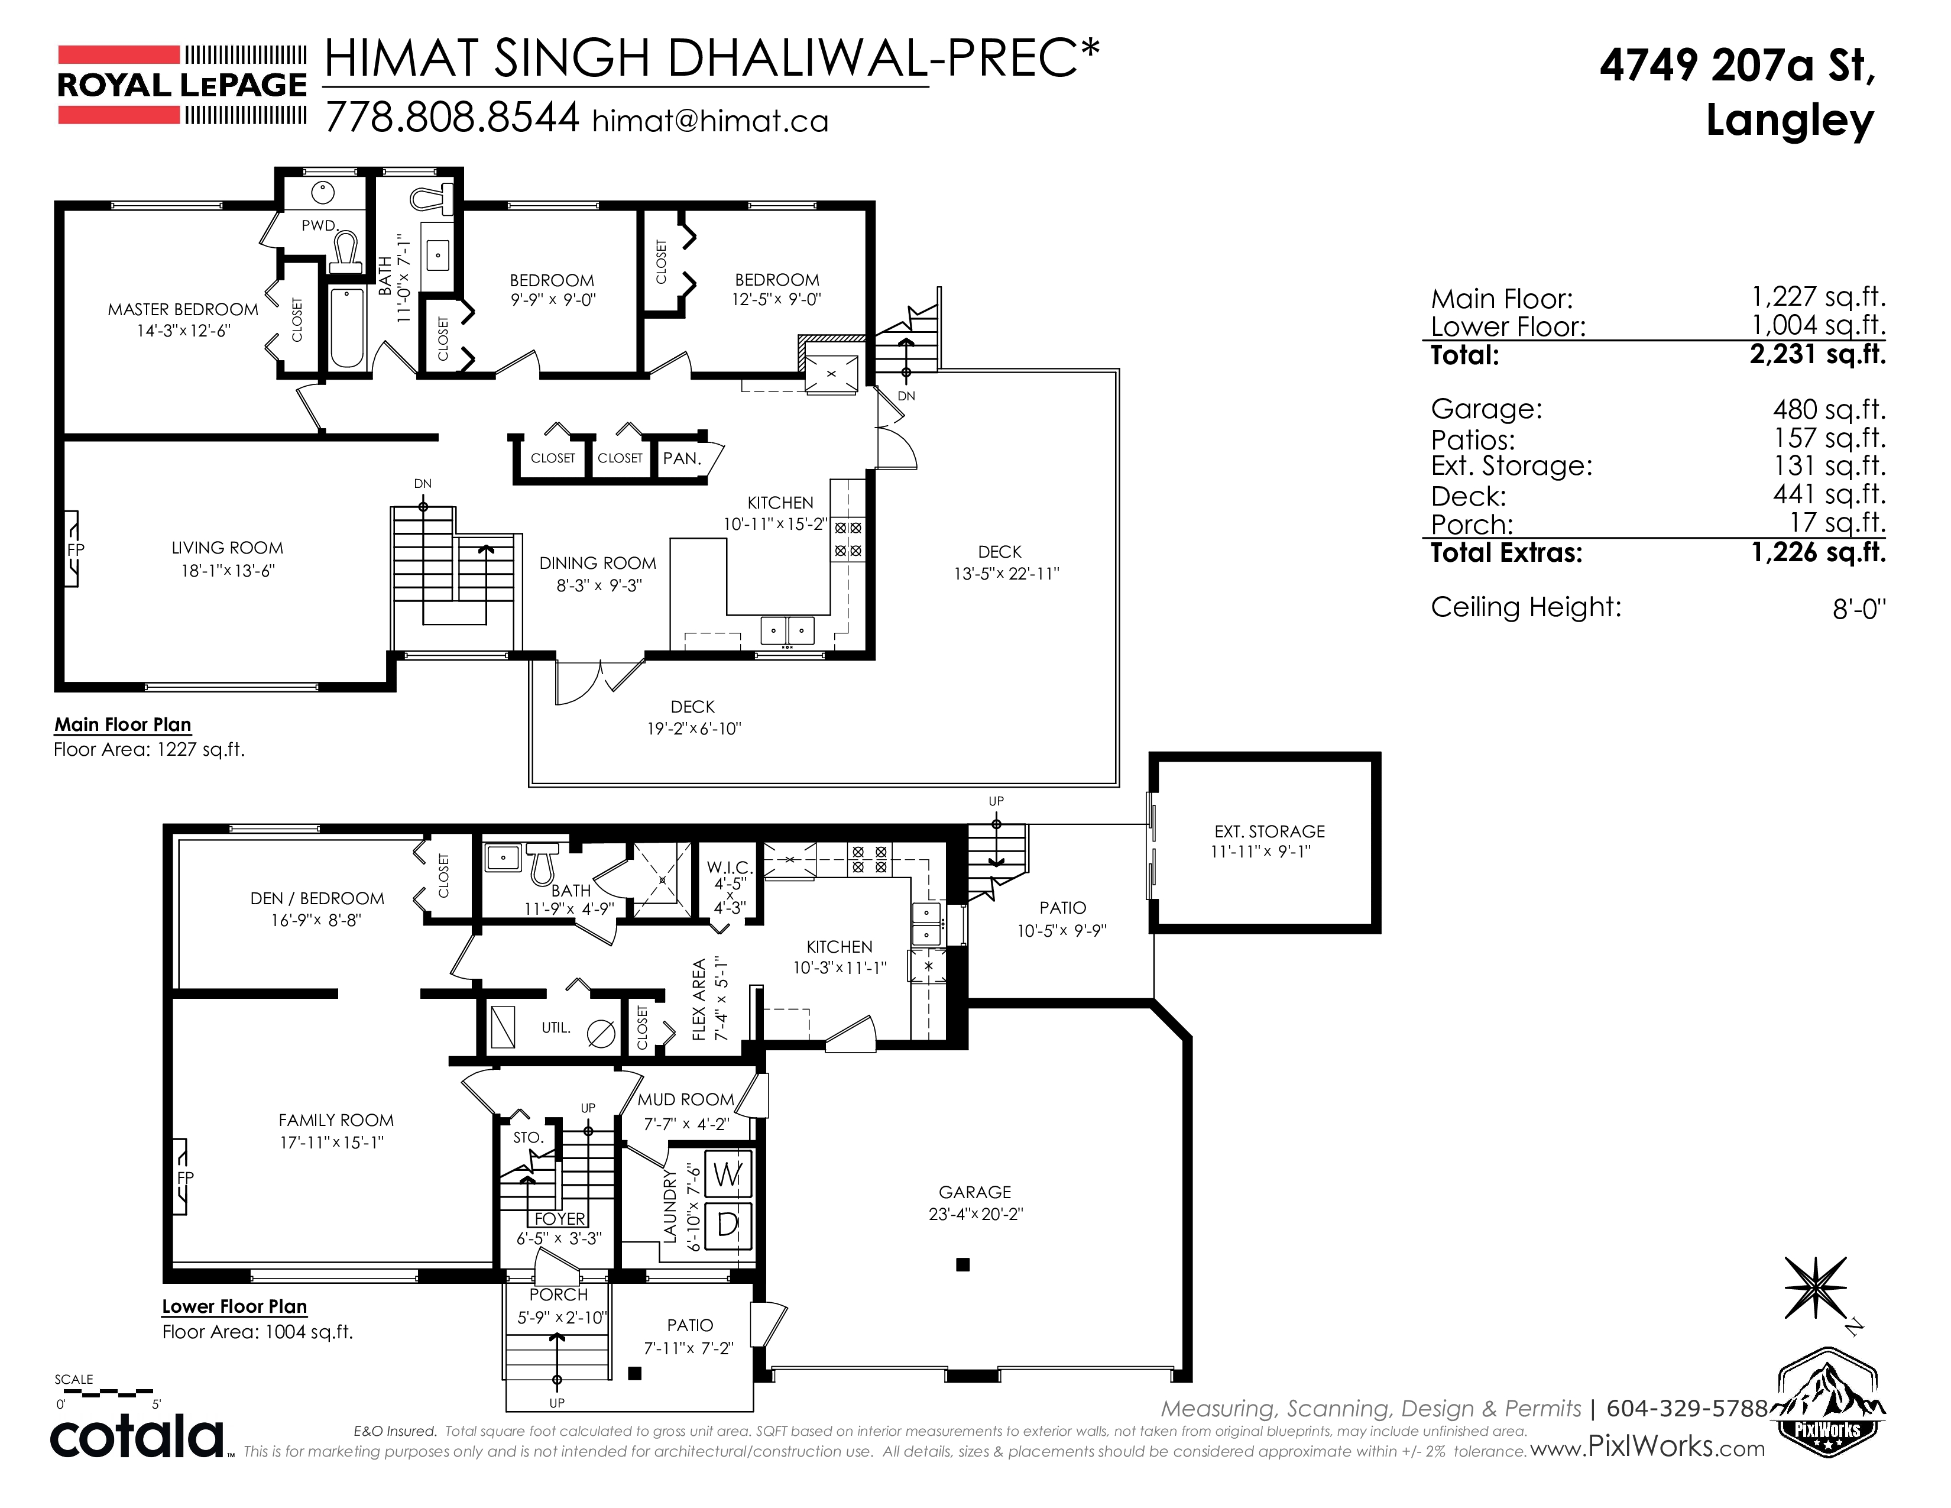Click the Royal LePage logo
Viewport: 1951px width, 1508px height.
point(182,85)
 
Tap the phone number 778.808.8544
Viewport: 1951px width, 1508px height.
point(452,117)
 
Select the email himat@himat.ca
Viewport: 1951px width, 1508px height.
point(710,121)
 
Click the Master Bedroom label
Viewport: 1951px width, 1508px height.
point(183,310)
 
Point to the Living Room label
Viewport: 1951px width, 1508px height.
point(227,548)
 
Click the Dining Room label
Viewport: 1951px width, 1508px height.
point(598,563)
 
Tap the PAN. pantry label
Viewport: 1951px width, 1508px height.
point(682,458)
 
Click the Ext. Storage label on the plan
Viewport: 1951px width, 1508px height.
point(1269,831)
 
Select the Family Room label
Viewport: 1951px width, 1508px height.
point(336,1120)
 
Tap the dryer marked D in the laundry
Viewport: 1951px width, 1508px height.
point(728,1225)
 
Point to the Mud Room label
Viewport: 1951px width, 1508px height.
point(685,1100)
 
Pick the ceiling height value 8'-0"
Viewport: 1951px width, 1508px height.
point(1859,609)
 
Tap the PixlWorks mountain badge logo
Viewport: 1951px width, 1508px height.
point(1827,1402)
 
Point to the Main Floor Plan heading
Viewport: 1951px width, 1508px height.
point(122,724)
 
